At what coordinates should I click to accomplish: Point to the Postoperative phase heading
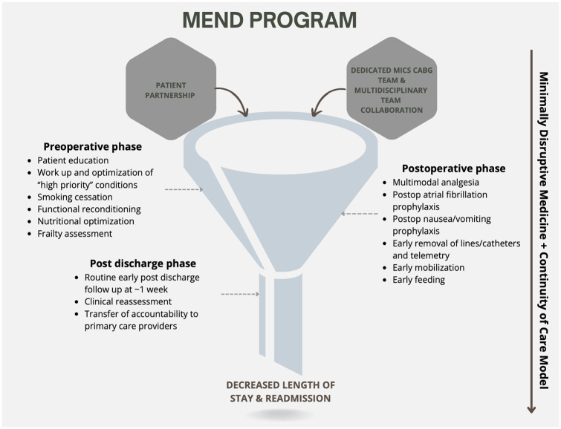(453, 168)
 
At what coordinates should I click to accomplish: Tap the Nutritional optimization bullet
(85, 221)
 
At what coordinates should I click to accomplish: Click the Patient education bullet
(73, 160)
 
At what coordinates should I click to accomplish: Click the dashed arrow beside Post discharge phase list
(240, 295)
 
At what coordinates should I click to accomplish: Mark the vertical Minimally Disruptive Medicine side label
(543, 230)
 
